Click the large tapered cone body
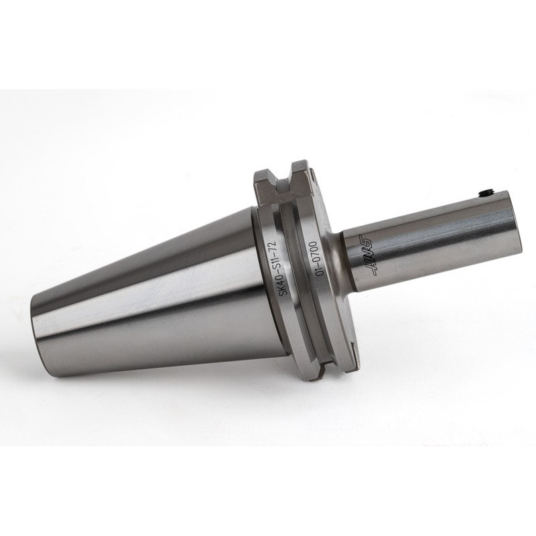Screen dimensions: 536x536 pyautogui.click(x=154, y=295)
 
